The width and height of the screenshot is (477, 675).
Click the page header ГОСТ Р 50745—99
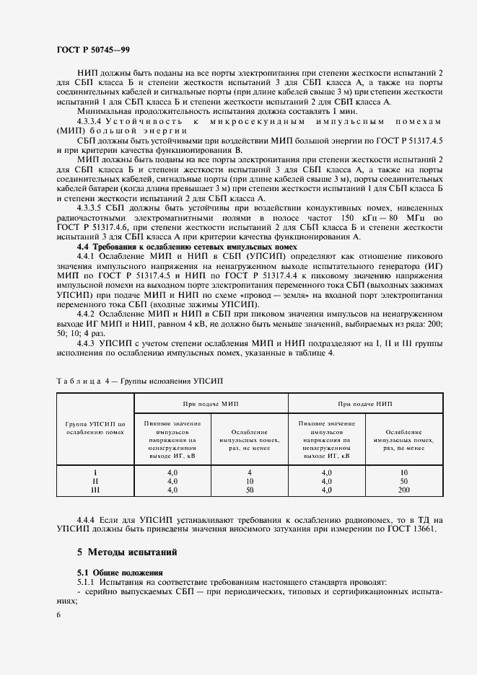[x=92, y=50]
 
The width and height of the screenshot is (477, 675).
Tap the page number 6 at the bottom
[x=58, y=614]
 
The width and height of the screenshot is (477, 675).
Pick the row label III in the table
[x=95, y=490]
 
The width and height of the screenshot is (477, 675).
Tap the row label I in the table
[x=95, y=472]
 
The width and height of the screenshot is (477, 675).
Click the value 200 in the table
[x=403, y=490]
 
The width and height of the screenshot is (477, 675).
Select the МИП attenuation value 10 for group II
[x=249, y=481]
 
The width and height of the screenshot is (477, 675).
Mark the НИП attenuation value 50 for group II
[x=403, y=481]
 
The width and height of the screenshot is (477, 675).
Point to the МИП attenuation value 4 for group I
[x=249, y=472]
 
